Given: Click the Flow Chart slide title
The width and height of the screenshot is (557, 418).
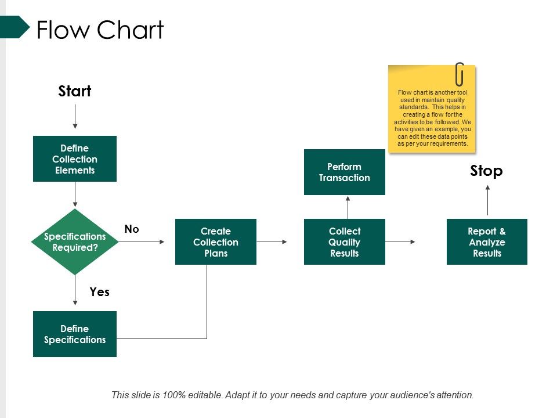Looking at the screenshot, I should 100,30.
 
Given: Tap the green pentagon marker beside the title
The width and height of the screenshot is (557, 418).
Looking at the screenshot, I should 15,27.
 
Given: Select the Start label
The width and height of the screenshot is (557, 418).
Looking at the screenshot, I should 75,91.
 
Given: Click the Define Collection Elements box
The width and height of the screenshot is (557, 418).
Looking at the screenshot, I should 75,159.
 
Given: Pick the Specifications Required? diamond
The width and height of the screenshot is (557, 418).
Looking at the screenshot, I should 75,242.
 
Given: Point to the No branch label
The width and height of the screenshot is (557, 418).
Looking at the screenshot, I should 132,229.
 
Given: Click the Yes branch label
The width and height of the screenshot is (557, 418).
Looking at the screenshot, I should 100,292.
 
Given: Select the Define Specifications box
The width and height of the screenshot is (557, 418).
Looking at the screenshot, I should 75,334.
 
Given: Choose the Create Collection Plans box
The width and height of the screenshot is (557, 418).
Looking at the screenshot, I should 216,242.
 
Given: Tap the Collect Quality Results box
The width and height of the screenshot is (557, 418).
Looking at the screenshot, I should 345,242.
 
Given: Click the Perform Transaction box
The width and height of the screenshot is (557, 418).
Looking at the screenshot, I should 345,172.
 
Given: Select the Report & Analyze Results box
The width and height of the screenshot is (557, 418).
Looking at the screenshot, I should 487,242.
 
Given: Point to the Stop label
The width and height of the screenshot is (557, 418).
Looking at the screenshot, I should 486,171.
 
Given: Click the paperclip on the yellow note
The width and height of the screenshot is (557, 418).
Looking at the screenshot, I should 460,74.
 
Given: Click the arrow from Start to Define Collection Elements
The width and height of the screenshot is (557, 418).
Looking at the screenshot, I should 75,117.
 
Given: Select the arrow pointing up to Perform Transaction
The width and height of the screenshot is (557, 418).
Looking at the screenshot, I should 348,207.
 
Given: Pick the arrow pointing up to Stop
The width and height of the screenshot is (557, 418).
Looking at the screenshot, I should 487,200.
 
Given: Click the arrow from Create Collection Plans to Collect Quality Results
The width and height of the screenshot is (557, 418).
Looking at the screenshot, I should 272,242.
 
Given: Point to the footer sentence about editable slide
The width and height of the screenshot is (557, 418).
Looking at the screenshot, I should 292,395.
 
